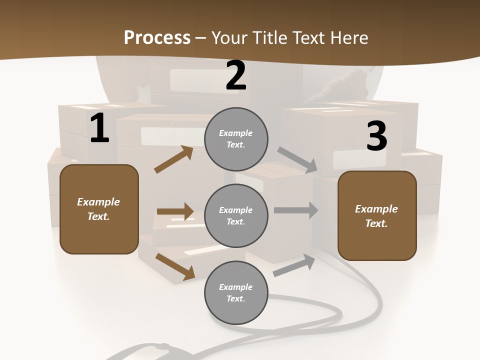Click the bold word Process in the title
[157, 38]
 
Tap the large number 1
[99, 128]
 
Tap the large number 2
[236, 76]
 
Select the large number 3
[376, 136]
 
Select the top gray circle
[236, 139]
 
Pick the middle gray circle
[236, 215]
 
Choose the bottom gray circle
[236, 292]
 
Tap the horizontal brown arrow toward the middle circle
[175, 211]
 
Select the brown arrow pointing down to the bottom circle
[175, 266]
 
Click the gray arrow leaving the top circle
[298, 160]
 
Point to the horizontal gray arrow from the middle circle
[296, 210]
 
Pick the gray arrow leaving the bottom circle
[294, 265]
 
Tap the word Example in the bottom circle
[236, 287]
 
